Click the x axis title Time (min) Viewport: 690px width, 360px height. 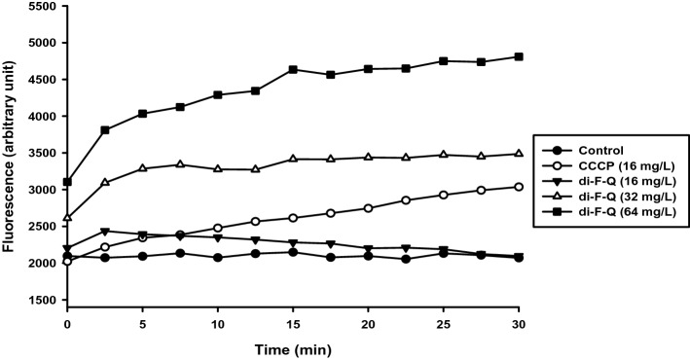292,345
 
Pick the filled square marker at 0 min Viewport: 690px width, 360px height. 67,182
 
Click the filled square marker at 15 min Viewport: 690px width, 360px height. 292,69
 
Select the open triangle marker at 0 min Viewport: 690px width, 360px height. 67,218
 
